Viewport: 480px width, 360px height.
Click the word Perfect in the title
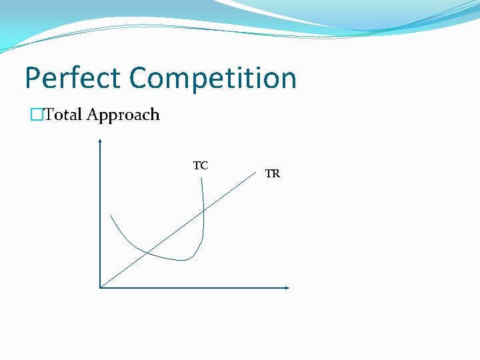tap(73, 78)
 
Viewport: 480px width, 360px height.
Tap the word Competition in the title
tap(213, 78)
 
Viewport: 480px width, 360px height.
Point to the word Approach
tap(123, 115)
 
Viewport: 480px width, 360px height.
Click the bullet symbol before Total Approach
tap(37, 115)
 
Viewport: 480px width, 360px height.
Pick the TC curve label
tap(201, 165)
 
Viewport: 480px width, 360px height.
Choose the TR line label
tap(272, 174)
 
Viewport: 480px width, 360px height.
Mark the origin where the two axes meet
tap(100, 287)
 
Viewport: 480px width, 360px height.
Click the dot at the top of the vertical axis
tap(100, 141)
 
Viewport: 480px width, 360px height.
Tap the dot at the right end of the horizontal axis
tap(287, 288)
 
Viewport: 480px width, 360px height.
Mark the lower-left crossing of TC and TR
tap(147, 251)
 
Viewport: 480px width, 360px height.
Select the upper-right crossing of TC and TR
tap(203, 211)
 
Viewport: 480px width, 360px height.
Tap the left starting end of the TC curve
tap(111, 215)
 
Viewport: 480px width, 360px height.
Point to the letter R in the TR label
tap(275, 174)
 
